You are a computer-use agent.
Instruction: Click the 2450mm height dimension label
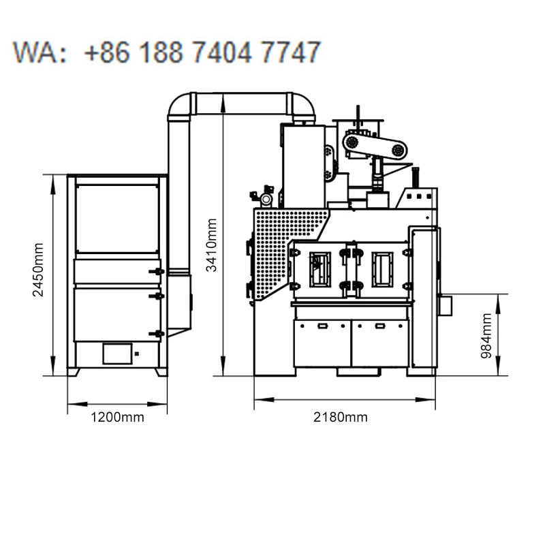(x=38, y=270)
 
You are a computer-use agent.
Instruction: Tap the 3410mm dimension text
(x=211, y=245)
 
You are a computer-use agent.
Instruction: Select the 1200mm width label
(x=117, y=417)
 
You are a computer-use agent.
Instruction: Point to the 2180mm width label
(x=340, y=417)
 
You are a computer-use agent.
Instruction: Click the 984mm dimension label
(x=486, y=336)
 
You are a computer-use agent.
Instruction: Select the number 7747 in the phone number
(x=291, y=52)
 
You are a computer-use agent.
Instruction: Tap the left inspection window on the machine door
(x=320, y=270)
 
